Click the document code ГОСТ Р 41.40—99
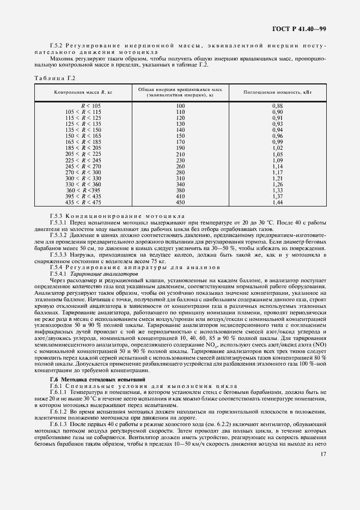coord(303,29)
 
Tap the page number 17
coord(323,454)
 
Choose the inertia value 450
coord(181,203)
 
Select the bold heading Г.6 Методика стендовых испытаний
coord(97,378)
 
